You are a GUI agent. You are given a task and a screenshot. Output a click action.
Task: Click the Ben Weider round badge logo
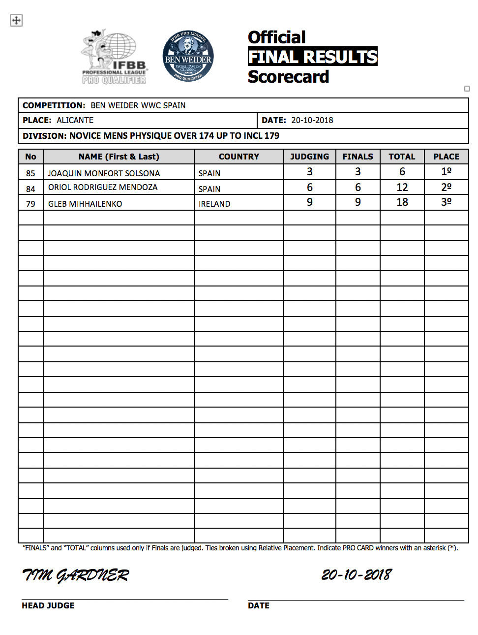point(188,56)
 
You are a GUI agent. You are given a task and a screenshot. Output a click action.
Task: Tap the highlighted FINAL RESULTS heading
point(312,57)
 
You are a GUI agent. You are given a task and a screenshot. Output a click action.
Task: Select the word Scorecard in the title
point(288,77)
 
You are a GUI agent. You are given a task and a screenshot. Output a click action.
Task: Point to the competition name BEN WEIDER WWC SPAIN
point(138,105)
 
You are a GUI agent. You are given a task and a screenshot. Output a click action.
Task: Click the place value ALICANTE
point(75,120)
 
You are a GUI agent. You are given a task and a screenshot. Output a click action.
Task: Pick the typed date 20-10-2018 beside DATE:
point(312,120)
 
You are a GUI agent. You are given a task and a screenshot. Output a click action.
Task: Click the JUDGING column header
point(309,157)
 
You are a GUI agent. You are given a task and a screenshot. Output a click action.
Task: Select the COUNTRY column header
point(239,157)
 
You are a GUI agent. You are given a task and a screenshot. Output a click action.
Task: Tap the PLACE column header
point(446,157)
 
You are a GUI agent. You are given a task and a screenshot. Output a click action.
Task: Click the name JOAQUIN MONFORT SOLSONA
point(104,173)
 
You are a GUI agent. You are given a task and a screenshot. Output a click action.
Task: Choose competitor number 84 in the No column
point(30,189)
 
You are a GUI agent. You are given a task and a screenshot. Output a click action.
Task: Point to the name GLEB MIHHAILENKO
point(85,204)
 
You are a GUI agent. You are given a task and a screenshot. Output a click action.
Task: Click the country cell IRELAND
point(214,204)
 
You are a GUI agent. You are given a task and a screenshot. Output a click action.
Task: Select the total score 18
point(402,202)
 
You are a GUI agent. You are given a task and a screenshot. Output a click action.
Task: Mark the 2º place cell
point(446,188)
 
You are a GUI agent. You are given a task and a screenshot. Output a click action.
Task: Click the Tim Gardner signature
point(75,575)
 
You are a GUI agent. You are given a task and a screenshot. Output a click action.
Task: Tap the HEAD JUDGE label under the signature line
point(48,605)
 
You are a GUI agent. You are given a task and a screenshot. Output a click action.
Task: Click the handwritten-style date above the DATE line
point(357,574)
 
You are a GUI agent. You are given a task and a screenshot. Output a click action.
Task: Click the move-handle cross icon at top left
point(16,20)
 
